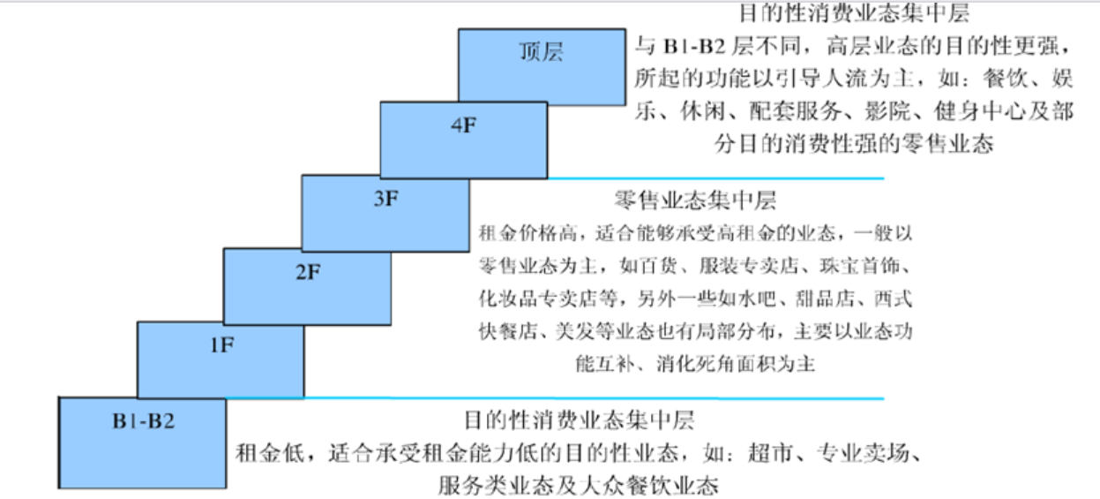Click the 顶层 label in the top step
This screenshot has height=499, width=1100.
tap(540, 52)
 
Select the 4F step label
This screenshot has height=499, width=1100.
tap(462, 125)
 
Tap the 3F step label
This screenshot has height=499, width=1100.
tap(386, 199)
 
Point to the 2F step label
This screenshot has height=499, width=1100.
tap(308, 273)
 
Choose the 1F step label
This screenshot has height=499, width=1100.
tap(221, 345)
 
